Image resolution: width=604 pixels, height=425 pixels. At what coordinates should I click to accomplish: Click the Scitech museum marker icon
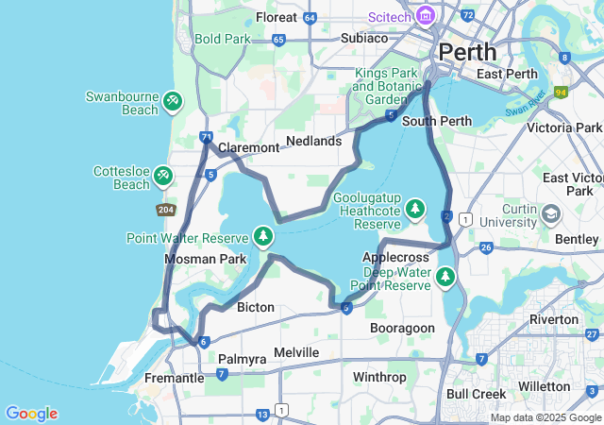point(425,16)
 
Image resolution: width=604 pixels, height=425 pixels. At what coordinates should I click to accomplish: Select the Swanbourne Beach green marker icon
point(172,99)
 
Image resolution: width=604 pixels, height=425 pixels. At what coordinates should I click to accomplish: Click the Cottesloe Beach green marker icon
point(163,175)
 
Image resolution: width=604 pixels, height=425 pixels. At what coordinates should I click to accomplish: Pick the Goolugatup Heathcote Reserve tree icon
point(415,209)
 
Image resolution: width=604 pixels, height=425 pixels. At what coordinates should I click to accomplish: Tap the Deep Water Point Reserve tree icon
point(445,277)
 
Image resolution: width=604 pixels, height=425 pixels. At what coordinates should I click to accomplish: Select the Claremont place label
point(248,148)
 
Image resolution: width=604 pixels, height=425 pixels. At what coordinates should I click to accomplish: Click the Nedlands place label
point(313,141)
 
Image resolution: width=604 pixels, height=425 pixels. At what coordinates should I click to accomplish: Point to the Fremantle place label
point(174,378)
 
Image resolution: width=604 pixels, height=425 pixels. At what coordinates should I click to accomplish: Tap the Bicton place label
point(256,307)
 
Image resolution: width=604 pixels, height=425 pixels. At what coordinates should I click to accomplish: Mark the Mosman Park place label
point(205,259)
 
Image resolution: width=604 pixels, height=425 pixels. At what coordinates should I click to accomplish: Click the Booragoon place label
point(402,328)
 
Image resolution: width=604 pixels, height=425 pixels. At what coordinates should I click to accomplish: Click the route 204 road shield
point(166,210)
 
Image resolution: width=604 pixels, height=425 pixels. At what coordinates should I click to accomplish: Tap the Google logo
point(31,414)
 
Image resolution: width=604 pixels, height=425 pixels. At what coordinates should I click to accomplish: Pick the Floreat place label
point(277,17)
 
